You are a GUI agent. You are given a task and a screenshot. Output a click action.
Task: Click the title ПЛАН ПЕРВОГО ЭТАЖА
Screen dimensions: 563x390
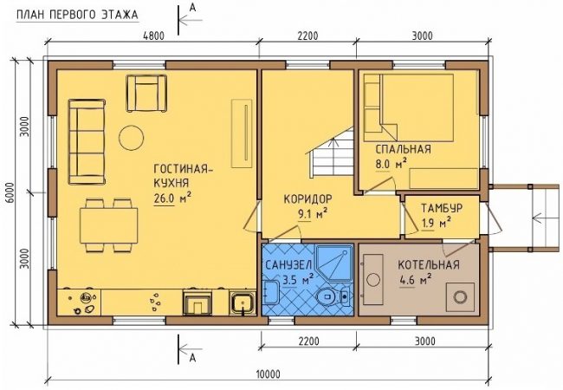point(77,15)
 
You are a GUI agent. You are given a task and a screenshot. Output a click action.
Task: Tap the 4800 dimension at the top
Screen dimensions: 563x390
point(153,36)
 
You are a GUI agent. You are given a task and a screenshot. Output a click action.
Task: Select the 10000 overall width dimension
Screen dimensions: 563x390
point(269,374)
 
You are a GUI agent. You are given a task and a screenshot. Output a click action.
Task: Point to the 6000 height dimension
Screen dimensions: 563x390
point(10,192)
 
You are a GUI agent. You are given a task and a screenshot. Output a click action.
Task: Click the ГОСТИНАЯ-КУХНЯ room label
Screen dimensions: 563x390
point(183,176)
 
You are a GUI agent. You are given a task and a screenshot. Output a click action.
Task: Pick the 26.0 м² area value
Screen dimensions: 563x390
point(172,198)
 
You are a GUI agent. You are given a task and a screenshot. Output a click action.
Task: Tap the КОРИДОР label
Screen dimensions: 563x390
point(307,199)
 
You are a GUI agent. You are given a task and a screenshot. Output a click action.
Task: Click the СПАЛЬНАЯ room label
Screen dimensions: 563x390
point(403,149)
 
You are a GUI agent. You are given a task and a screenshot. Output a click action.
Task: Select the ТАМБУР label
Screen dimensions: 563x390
point(442,208)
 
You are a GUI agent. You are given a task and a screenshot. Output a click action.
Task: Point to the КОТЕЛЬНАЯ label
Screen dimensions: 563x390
point(429,265)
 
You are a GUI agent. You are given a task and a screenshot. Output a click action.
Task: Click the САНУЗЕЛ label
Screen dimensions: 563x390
point(288,265)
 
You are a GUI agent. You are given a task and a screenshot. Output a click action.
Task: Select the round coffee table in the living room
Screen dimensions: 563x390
point(131,138)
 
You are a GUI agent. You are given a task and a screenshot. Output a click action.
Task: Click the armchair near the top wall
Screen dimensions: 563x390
point(146,93)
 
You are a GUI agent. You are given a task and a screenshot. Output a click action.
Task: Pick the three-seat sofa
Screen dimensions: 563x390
point(87,142)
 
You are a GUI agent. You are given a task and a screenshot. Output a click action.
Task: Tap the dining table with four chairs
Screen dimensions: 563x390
point(108,225)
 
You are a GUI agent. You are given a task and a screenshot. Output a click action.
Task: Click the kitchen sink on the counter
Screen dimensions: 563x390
point(243,303)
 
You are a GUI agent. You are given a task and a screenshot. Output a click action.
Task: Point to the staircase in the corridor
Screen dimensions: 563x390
point(331,153)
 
